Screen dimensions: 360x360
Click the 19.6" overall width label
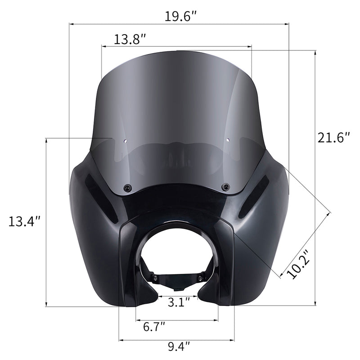point(180,17)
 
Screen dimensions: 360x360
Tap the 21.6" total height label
point(333,137)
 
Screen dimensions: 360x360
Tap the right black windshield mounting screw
point(225,186)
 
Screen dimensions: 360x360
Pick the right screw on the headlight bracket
point(199,278)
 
